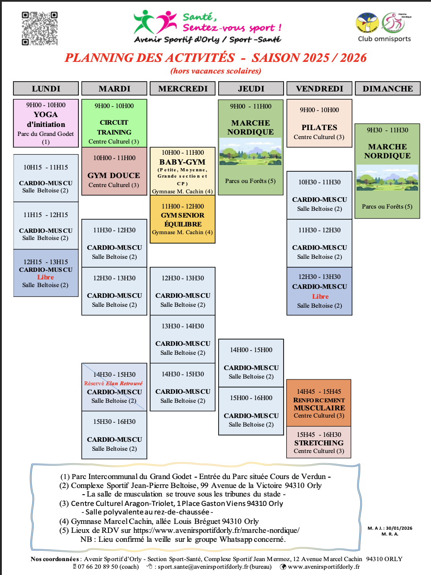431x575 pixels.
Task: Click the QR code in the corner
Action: [39, 28]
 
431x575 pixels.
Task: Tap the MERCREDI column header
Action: [183, 88]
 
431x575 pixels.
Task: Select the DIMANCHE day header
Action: [388, 88]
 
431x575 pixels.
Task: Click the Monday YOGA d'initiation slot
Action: [46, 123]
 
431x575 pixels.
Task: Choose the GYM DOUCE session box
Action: [114, 171]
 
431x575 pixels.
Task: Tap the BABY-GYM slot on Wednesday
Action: [182, 171]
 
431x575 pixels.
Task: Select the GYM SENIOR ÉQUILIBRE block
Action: [182, 219]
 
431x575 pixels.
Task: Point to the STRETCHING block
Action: [319, 442]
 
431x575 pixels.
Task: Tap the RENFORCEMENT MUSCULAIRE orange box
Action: [319, 403]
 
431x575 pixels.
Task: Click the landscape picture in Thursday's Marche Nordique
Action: [250, 151]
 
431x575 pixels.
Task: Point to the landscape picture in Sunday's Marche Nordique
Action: [387, 177]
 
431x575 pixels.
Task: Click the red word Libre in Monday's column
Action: [46, 277]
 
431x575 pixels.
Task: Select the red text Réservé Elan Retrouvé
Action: [113, 383]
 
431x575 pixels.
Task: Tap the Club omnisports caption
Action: [384, 39]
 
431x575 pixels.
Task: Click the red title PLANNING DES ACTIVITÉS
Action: [150, 58]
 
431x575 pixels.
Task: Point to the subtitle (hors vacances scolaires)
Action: [215, 71]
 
